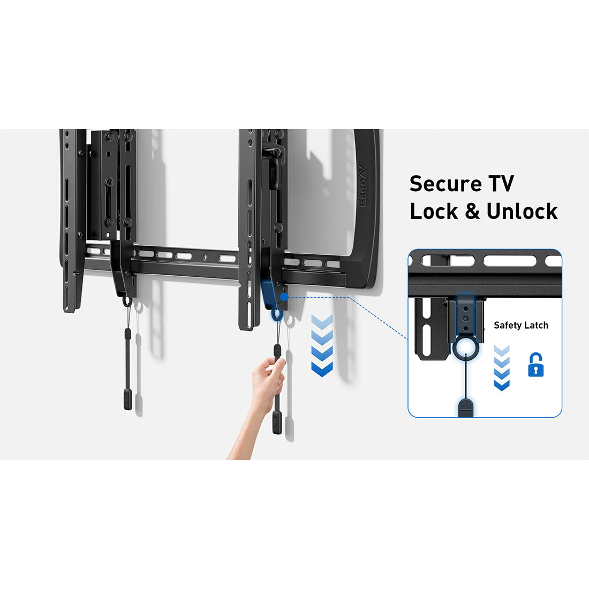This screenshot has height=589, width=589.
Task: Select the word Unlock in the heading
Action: [x=522, y=211]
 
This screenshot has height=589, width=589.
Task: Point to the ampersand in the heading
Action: [x=472, y=212]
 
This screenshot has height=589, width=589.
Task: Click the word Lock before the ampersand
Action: [x=434, y=211]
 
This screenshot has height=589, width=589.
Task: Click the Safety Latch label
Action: [x=520, y=325]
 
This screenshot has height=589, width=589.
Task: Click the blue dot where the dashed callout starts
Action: [x=283, y=296]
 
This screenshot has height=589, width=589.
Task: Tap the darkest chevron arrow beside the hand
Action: [x=322, y=369]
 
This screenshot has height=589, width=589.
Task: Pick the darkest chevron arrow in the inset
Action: [x=502, y=384]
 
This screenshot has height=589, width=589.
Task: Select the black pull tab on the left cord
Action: [x=128, y=399]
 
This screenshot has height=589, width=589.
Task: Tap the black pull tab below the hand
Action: [x=276, y=422]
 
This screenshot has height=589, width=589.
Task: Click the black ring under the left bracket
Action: [x=127, y=301]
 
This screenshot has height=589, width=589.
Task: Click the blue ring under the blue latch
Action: [x=277, y=313]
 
